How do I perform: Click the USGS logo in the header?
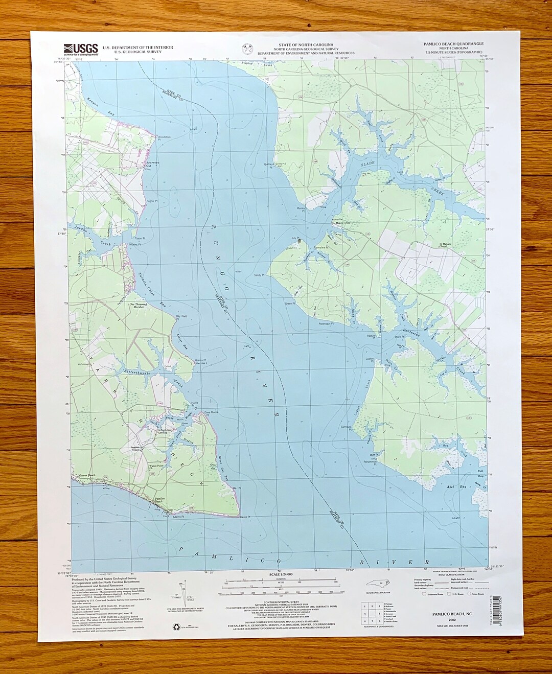[81, 49]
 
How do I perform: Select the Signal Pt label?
[152, 201]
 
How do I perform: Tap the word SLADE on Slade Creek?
[367, 164]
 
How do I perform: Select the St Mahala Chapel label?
[446, 245]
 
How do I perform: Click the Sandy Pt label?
[259, 275]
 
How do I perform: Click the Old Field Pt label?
[181, 316]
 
